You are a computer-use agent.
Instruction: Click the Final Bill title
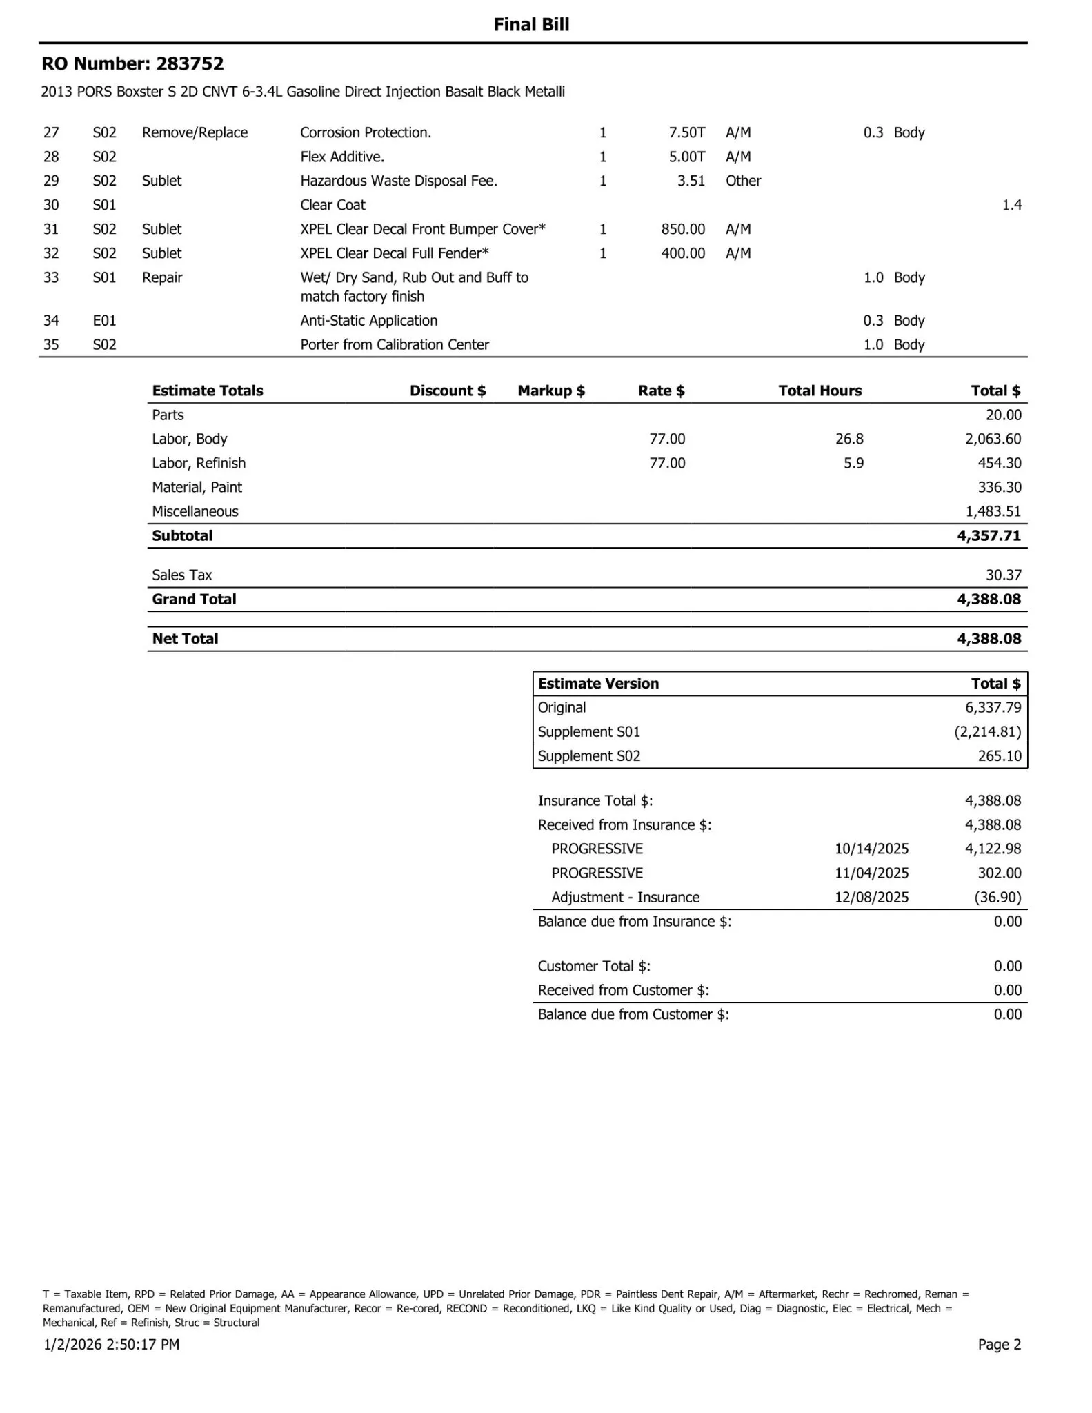[531, 25]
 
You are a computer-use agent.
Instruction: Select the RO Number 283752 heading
[133, 64]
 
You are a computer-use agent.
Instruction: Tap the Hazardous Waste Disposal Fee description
[399, 181]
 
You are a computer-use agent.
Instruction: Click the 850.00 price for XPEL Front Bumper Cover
[683, 229]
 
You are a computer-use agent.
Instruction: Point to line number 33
[51, 277]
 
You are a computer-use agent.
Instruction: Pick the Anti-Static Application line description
[368, 320]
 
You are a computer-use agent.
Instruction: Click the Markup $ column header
[551, 391]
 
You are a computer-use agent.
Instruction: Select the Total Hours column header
[820, 391]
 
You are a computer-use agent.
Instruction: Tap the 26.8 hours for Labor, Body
[849, 439]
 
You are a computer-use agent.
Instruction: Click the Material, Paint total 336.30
[999, 487]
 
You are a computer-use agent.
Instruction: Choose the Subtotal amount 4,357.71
[989, 535]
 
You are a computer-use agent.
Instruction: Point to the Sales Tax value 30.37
[1004, 575]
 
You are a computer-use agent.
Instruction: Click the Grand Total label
[194, 599]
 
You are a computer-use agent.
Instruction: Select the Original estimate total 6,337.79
[993, 707]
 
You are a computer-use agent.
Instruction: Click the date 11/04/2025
[871, 873]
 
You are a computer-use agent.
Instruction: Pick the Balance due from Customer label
[633, 1014]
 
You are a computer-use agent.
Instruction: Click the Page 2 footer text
[999, 1344]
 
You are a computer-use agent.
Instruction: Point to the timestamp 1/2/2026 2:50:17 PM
[112, 1344]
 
